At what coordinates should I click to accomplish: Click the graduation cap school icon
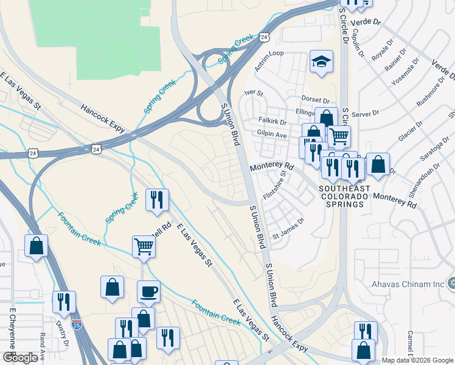[x=321, y=61]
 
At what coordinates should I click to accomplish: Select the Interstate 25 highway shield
[x=76, y=324]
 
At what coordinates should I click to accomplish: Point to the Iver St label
[x=252, y=93]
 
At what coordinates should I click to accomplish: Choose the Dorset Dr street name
[x=315, y=100]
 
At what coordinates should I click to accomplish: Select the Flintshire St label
[x=274, y=184]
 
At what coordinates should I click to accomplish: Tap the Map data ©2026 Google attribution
[x=417, y=360]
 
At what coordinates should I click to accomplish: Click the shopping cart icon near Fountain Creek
[x=144, y=246]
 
